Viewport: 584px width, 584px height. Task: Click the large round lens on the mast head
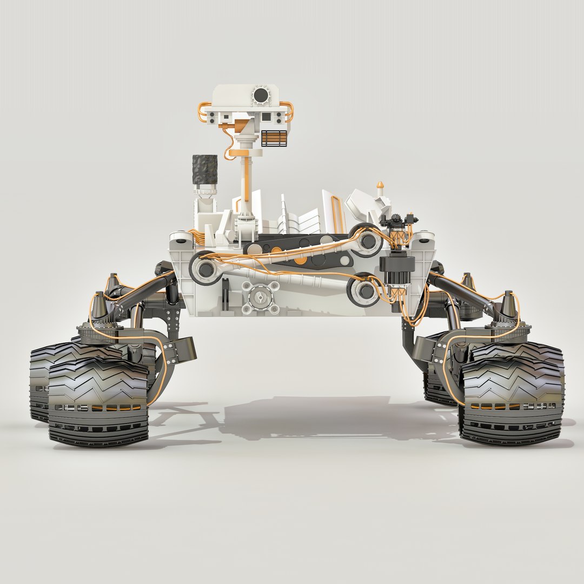pyautogui.click(x=261, y=96)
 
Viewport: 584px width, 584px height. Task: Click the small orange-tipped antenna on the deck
pyautogui.click(x=380, y=187)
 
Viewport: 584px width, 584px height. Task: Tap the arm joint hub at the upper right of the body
pyautogui.click(x=368, y=240)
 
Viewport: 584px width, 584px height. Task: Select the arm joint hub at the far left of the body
pyautogui.click(x=205, y=269)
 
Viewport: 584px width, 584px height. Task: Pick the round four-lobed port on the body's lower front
pyautogui.click(x=261, y=297)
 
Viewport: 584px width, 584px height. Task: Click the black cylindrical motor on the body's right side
pyautogui.click(x=397, y=264)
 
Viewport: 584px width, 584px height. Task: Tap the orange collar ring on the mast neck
pyautogui.click(x=244, y=152)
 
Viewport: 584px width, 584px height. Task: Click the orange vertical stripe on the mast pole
pyautogui.click(x=247, y=181)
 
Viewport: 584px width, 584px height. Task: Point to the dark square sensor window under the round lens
pyautogui.click(x=266, y=117)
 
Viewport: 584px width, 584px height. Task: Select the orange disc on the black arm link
pyautogui.click(x=276, y=250)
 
